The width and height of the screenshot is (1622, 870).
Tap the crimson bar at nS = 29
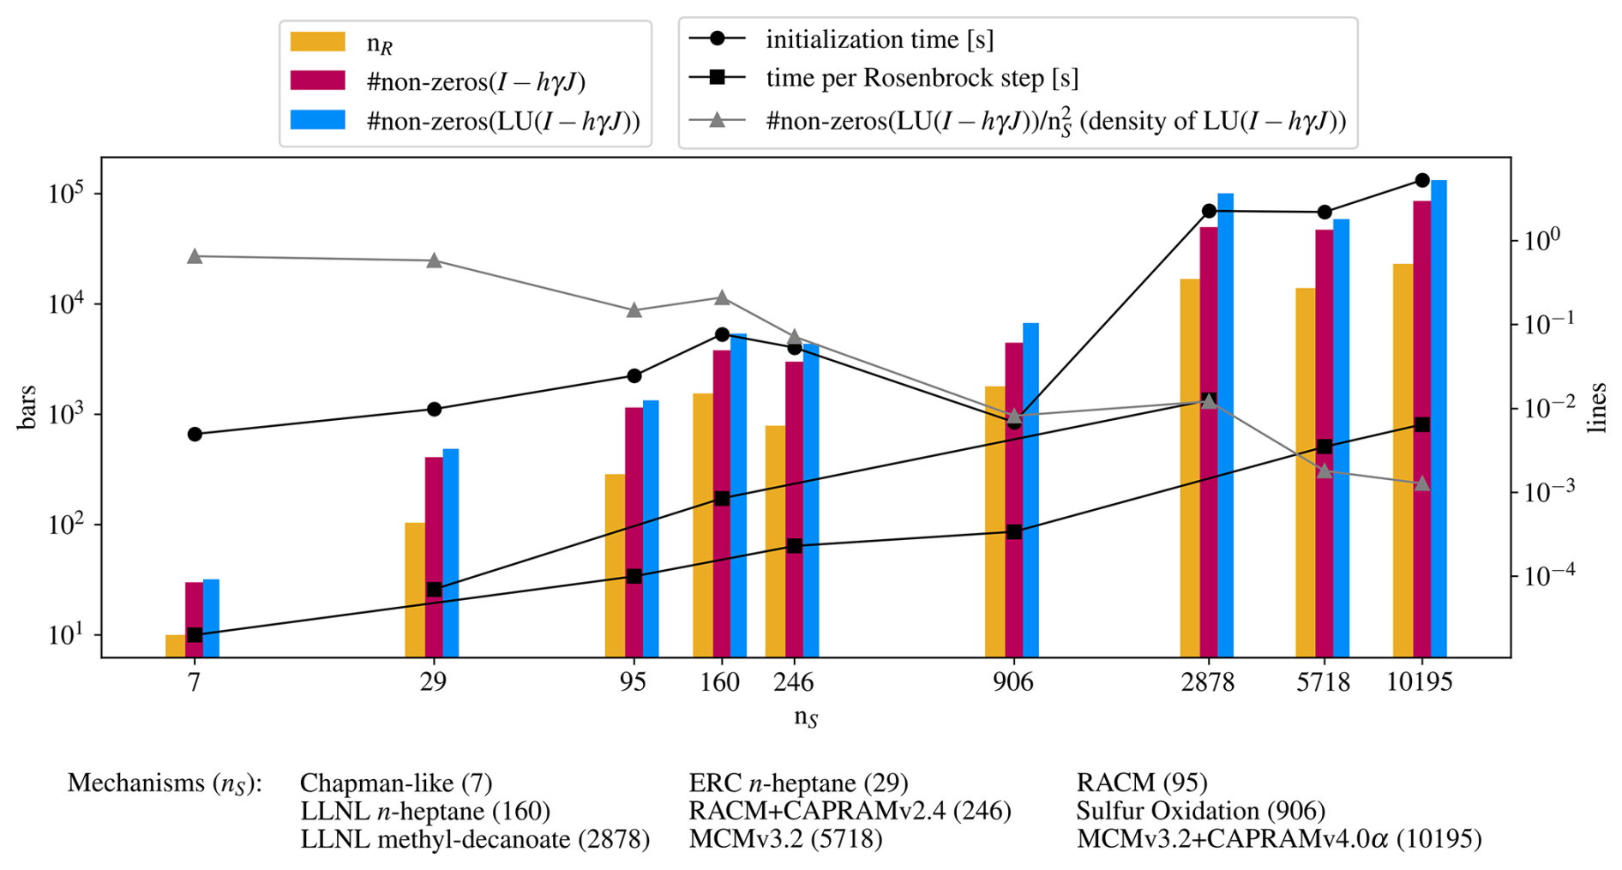point(434,557)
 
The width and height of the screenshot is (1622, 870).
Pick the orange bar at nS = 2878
point(1189,467)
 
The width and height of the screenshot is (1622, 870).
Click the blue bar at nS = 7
point(211,618)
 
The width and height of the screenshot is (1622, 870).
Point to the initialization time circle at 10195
point(1422,180)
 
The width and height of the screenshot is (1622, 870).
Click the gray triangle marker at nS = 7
point(195,256)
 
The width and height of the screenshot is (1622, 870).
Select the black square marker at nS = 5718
point(1325,447)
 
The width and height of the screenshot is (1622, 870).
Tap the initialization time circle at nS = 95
point(634,375)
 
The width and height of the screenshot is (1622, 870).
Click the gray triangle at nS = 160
point(722,297)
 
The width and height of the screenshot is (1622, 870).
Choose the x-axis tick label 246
point(793,682)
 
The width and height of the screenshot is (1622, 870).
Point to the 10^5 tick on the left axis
point(66,194)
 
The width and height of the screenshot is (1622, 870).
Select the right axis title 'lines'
point(1596,407)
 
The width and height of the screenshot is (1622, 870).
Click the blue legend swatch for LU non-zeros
point(317,120)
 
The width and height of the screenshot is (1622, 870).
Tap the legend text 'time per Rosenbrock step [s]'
point(922,78)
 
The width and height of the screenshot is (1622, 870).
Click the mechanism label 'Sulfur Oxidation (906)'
point(1200,810)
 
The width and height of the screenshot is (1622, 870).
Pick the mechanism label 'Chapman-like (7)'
point(396,783)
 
